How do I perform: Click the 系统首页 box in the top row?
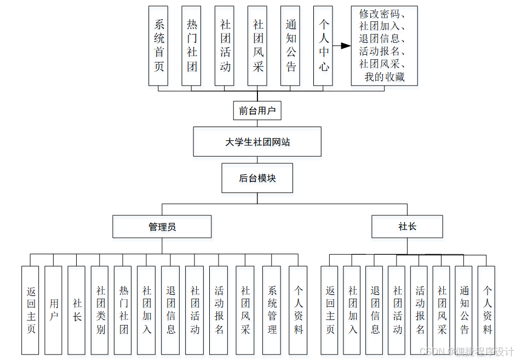click(x=158, y=46)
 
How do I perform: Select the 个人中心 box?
click(x=323, y=46)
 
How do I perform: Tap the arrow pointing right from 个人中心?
click(x=342, y=46)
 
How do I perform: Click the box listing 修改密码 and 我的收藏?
click(x=384, y=46)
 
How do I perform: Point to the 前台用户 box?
click(x=257, y=111)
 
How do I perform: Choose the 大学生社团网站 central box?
click(x=257, y=142)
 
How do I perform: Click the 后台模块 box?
click(x=257, y=178)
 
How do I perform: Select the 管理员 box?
click(x=162, y=226)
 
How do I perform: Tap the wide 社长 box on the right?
click(x=407, y=226)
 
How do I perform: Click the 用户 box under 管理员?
click(x=53, y=310)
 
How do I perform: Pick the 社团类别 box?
click(x=100, y=310)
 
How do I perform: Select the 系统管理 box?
click(x=272, y=310)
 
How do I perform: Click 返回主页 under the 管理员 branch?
click(x=30, y=310)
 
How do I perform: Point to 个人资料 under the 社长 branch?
click(x=486, y=310)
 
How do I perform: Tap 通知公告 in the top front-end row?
click(x=290, y=46)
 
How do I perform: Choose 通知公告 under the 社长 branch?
click(x=464, y=310)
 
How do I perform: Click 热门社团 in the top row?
click(x=191, y=46)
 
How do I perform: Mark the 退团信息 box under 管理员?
click(x=170, y=310)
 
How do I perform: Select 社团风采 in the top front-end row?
click(x=257, y=46)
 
